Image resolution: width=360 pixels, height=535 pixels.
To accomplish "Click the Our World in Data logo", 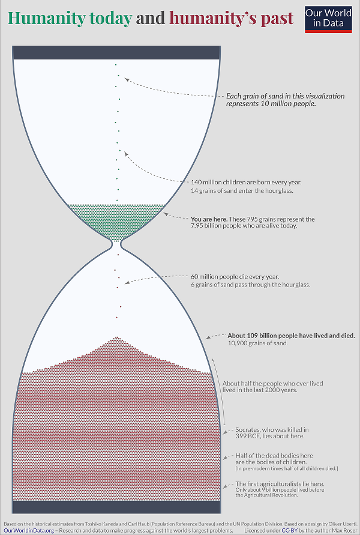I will coord(328,18).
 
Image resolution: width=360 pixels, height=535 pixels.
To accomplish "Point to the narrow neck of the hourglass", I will coord(117,244).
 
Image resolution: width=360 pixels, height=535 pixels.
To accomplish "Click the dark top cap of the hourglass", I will coord(117,52).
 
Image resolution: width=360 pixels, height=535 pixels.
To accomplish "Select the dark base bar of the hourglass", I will coord(117,507).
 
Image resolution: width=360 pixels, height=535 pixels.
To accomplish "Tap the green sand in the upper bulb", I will coord(117,216).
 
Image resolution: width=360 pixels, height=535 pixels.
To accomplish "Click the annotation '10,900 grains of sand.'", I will coord(258,343).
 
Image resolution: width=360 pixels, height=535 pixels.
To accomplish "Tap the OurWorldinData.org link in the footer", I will coord(28,531).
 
